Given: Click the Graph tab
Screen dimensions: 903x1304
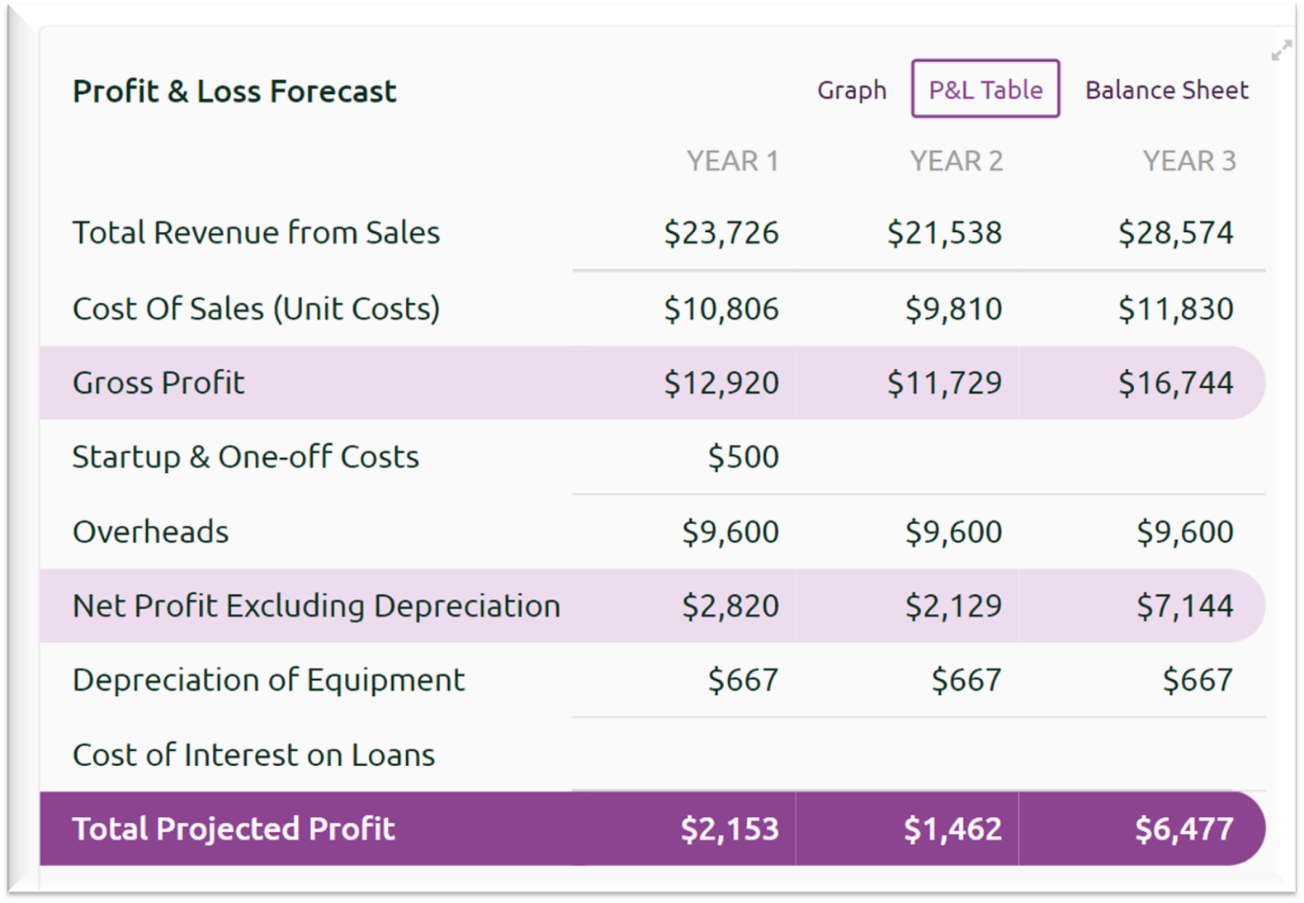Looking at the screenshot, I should (852, 90).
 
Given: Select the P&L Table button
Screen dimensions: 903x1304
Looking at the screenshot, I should (985, 89).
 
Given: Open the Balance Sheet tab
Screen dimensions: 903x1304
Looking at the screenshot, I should (1166, 90).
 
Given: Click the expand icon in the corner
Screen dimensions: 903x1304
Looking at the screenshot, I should (1281, 51).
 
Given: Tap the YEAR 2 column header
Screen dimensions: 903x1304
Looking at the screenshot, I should (956, 161).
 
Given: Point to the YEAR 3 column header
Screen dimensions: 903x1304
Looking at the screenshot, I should (1188, 161).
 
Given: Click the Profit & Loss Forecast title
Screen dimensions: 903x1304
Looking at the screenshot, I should (234, 92).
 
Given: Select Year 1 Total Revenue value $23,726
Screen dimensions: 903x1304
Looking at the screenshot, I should (721, 234).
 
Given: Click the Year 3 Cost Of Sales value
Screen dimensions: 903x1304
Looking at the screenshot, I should (1175, 310).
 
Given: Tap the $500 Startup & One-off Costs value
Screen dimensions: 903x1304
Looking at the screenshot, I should (743, 457).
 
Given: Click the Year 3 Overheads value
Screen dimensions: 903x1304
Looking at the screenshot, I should (1184, 532).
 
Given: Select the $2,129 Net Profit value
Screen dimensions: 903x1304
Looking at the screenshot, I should (953, 607).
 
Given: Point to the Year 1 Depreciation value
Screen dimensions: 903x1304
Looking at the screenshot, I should (743, 681).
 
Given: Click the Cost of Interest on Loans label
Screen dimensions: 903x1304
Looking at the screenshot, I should (253, 755).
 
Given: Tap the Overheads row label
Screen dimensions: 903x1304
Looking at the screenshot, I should (150, 532).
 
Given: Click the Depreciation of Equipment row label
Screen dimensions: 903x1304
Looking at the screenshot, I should (268, 681).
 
